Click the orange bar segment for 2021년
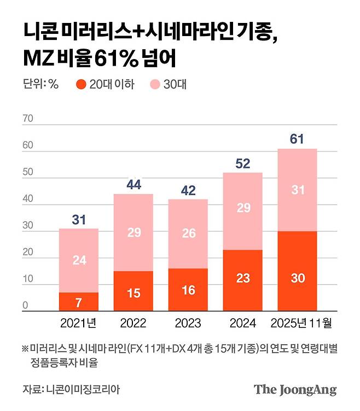[79, 302]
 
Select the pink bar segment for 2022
[133, 232]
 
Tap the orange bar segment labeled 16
[188, 290]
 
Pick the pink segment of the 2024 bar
[242, 211]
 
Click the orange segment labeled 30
[297, 271]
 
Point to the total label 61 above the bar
[297, 139]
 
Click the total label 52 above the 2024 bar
[242, 163]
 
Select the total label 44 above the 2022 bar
[133, 184]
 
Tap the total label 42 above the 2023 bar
[188, 190]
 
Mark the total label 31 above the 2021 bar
[79, 219]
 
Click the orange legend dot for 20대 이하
[82, 84]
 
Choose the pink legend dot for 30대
[155, 84]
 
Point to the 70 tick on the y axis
[28, 119]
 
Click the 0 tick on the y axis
[25, 307]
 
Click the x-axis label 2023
[188, 323]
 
